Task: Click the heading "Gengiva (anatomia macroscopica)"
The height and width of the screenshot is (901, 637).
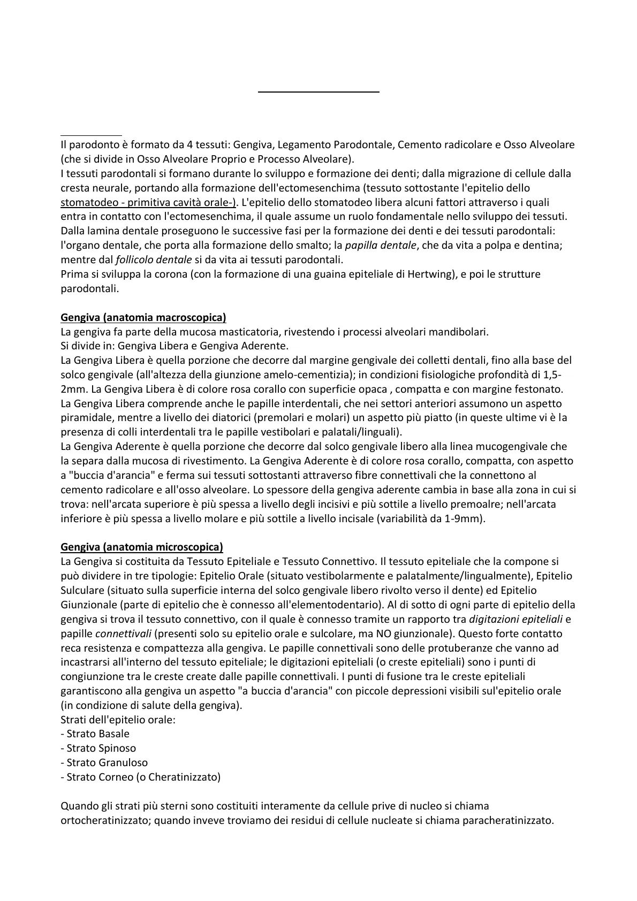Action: tap(143, 318)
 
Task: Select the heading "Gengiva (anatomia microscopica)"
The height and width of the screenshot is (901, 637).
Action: tap(142, 547)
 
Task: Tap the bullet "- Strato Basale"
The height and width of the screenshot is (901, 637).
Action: tap(95, 734)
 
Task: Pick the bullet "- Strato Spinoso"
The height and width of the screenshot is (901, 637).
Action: tap(98, 749)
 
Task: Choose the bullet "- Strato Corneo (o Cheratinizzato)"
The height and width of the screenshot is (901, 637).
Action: tap(140, 777)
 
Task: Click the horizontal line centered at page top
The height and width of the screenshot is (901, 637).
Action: tap(318, 93)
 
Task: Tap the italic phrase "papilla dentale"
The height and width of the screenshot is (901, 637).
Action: tap(381, 246)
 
